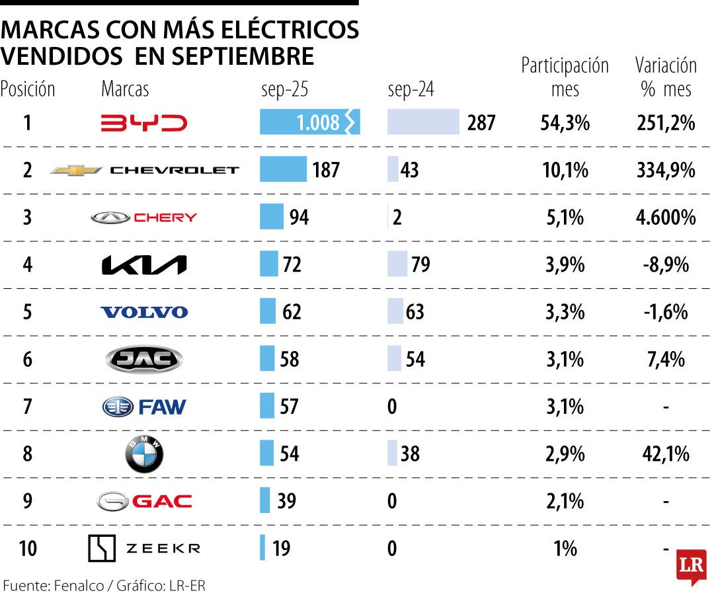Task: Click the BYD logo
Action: (143, 123)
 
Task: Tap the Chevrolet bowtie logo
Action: (76, 170)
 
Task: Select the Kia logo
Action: (143, 265)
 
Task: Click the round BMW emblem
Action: (144, 454)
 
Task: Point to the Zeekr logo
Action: (143, 548)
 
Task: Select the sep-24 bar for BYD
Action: (423, 122)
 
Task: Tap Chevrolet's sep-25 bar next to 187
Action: (283, 169)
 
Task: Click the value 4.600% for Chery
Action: (666, 218)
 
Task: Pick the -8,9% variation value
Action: (666, 265)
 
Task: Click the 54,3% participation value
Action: (565, 123)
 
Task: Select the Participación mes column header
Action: (565, 77)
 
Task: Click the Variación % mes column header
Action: (666, 77)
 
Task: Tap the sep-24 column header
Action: (411, 89)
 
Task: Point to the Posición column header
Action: (28, 89)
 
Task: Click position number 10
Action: (28, 549)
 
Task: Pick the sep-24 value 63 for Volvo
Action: (415, 312)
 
